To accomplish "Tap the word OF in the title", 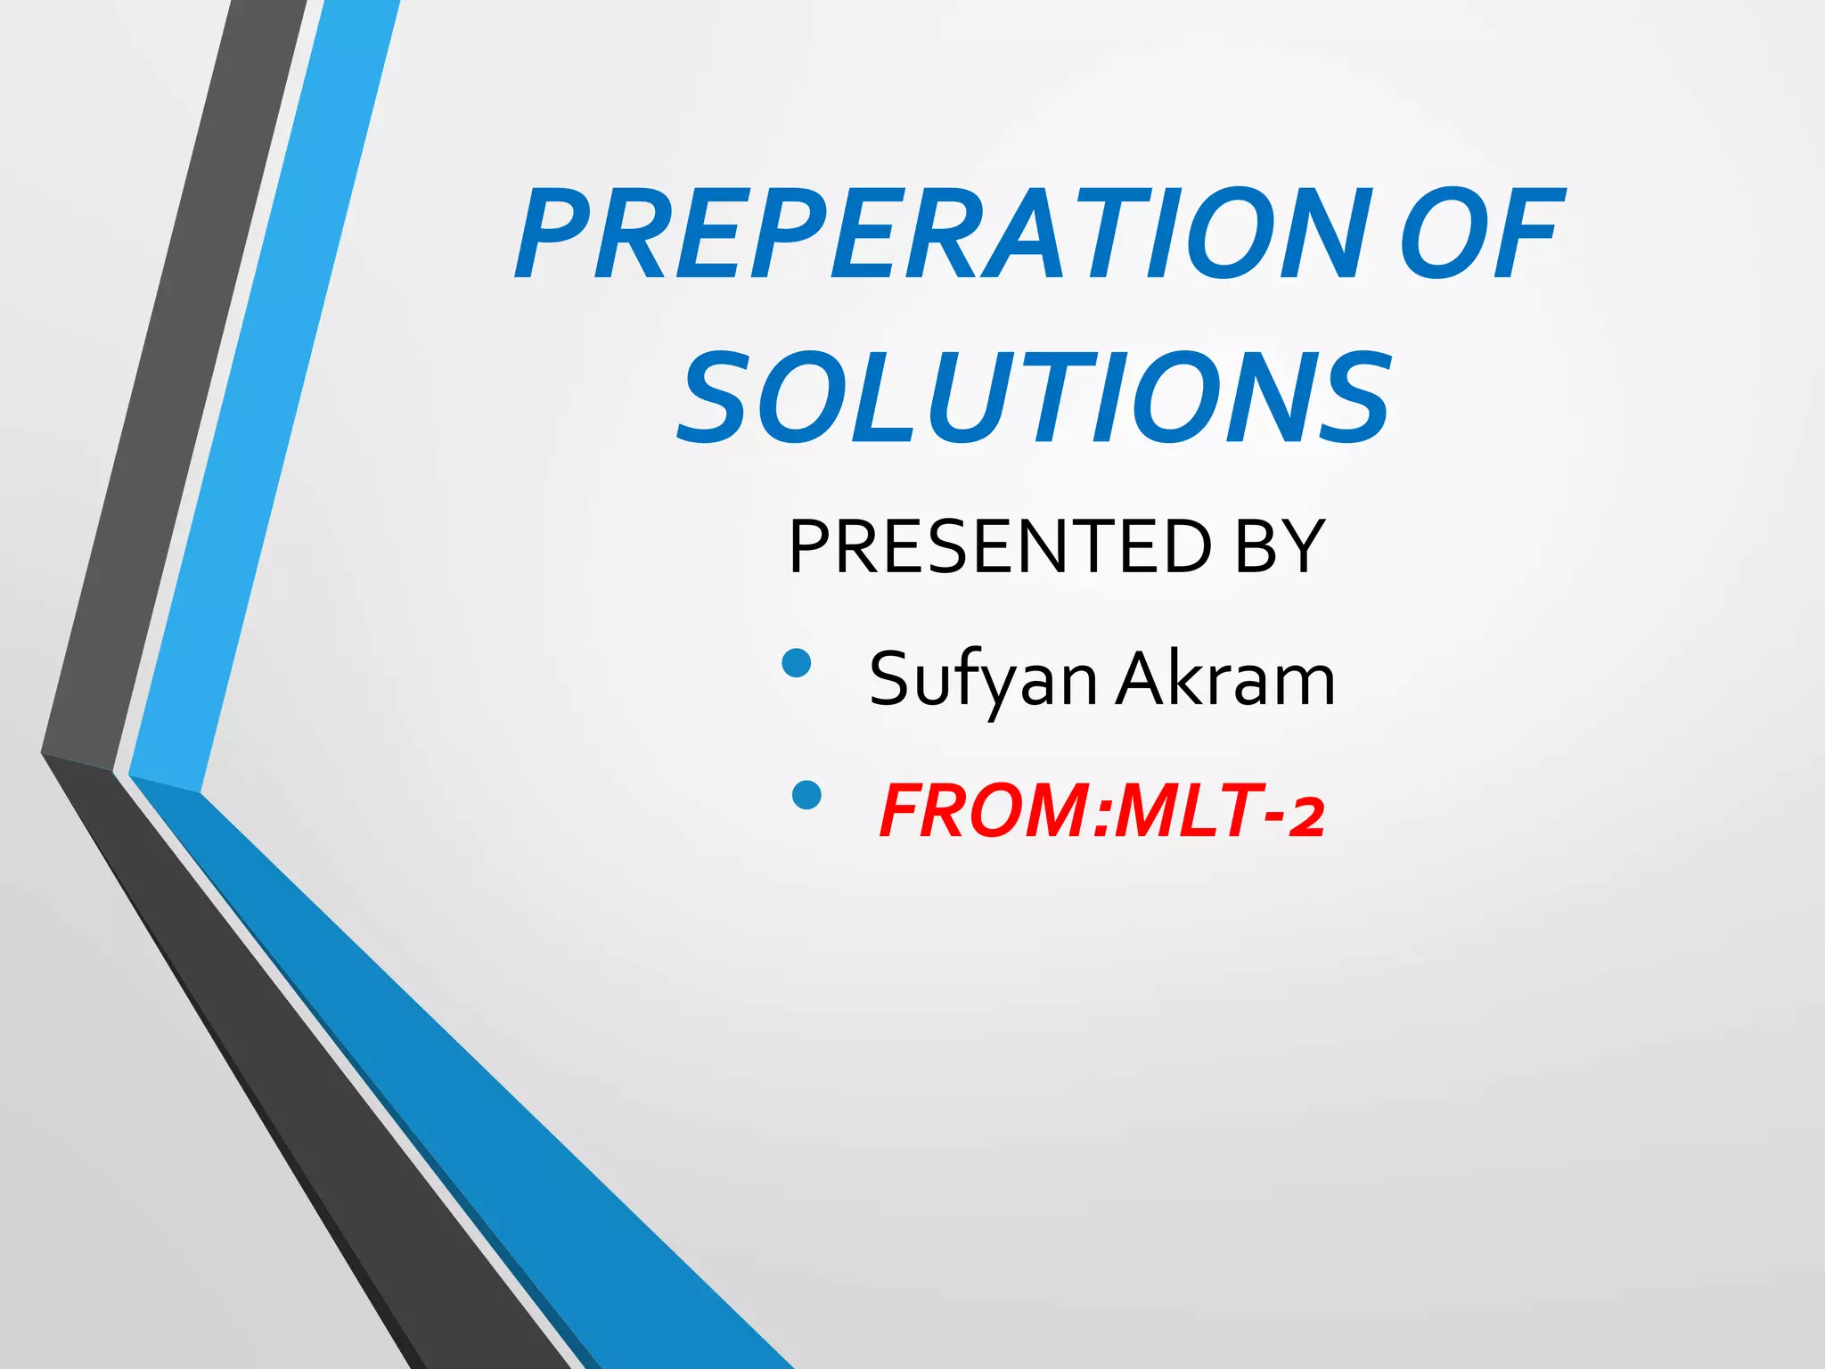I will tap(1479, 234).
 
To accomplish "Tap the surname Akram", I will tap(1226, 678).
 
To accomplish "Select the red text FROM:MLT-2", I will tap(1101, 811).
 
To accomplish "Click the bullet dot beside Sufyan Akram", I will tap(796, 662).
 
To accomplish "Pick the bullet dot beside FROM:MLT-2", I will tap(806, 794).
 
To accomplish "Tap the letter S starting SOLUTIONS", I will tap(717, 398).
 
